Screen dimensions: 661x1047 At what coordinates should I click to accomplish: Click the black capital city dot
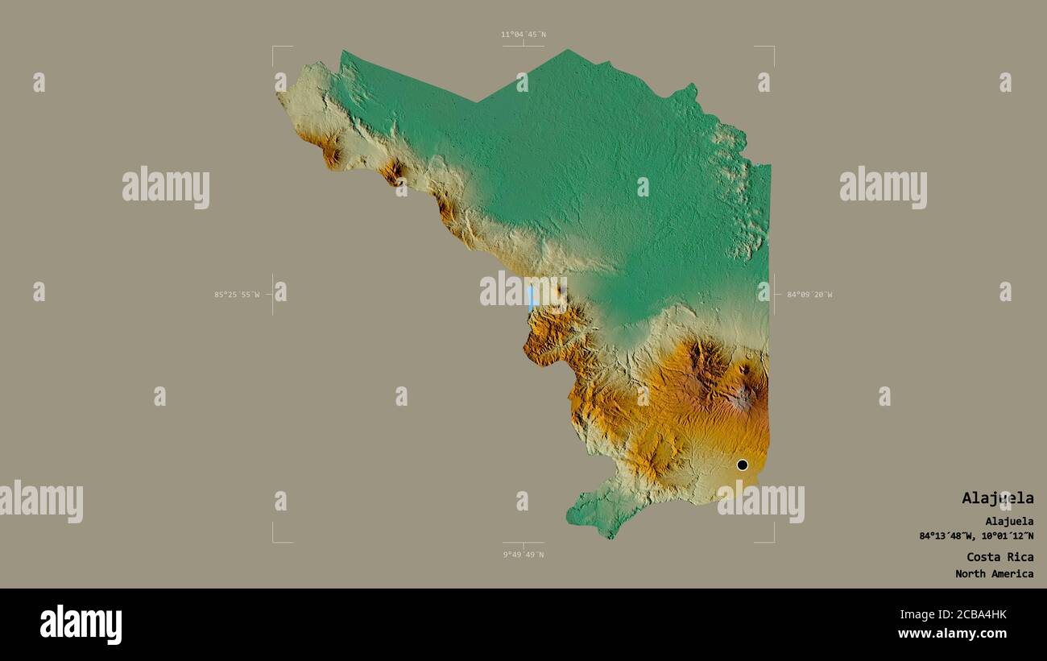coord(742,465)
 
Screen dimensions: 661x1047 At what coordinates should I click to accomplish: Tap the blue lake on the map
coord(530,298)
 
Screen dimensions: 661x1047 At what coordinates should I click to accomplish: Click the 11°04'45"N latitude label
coord(523,35)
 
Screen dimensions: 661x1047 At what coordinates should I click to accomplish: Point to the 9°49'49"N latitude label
coord(523,555)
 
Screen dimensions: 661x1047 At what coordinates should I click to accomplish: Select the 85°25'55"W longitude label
coord(237,295)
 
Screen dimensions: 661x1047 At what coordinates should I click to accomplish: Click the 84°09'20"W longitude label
coord(809,295)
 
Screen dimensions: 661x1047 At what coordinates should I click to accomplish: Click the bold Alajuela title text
coord(997,498)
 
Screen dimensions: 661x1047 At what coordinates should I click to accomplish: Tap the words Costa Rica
coord(999,557)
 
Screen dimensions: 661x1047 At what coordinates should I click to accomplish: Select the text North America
coord(994,574)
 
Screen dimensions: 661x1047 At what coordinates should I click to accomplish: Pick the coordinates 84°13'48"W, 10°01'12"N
coord(976,536)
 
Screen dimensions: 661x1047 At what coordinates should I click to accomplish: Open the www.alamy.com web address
coord(952,634)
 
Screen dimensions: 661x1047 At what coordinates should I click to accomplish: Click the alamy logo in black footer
coord(81,625)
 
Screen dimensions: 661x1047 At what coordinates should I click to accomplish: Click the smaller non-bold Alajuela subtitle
coord(1008,522)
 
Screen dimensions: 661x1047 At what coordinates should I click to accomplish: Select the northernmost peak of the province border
coord(568,51)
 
